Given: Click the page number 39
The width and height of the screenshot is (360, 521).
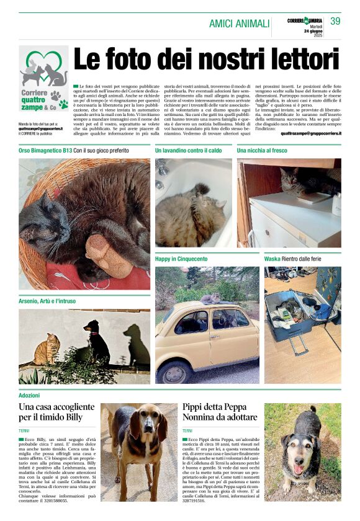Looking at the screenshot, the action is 335,21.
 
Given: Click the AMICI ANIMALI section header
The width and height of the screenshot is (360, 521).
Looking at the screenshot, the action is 239,24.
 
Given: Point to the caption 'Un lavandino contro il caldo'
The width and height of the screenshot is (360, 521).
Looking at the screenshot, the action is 189,151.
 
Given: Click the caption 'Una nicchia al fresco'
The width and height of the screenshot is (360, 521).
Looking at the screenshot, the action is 263,151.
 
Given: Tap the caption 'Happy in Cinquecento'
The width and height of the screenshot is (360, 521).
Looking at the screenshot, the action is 181,258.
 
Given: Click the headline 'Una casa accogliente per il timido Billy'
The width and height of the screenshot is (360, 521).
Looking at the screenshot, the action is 56,412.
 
